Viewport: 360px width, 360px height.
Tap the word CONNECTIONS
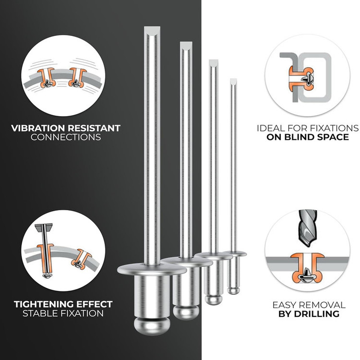click(x=66, y=137)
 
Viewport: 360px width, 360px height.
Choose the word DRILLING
click(x=317, y=314)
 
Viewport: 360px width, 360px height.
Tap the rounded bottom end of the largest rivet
click(x=152, y=326)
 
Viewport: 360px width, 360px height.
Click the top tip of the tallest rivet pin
click(x=152, y=27)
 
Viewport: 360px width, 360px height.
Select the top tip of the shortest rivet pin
click(x=233, y=79)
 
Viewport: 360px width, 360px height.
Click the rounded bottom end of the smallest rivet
click(x=233, y=291)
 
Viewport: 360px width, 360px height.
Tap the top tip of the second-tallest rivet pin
click(x=186, y=42)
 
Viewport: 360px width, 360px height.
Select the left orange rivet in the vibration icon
click(x=47, y=78)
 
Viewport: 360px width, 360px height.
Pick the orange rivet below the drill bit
click(x=307, y=267)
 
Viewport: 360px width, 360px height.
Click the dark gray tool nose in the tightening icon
click(x=44, y=228)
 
